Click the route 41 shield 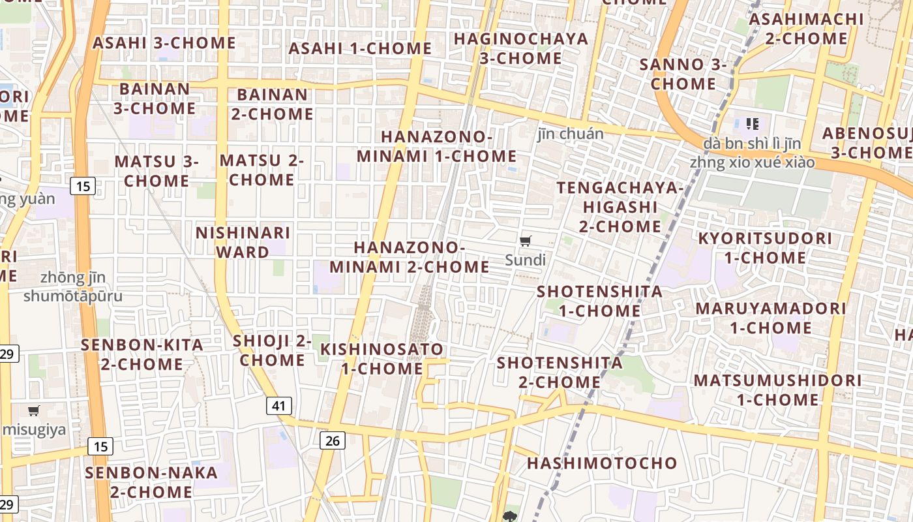point(278,405)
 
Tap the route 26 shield point(332,440)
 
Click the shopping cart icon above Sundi point(526,241)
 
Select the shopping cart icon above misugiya point(34,411)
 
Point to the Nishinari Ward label point(243,242)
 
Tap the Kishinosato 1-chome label point(382,359)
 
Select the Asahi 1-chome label point(360,48)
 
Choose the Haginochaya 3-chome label point(521,48)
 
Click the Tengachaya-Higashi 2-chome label point(620,207)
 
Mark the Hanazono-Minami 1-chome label point(436,147)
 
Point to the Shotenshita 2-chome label point(560,372)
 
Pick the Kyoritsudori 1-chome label point(765,248)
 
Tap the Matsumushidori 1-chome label point(777,390)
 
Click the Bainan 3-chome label point(155,98)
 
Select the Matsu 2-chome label point(262,170)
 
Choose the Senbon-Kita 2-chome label point(142,354)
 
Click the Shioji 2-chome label point(272,350)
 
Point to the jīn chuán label point(571,134)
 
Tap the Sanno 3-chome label point(683,74)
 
